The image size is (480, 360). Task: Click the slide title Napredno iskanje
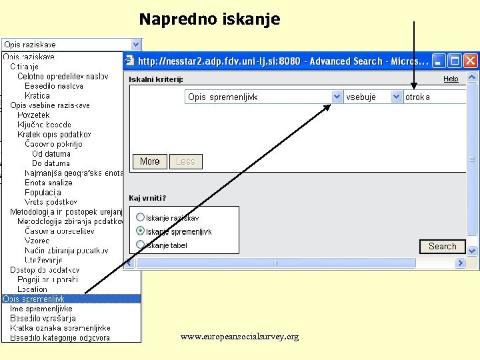point(209,19)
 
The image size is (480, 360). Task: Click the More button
point(150,161)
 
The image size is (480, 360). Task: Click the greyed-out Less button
point(185,161)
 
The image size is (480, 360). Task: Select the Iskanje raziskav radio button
point(141,217)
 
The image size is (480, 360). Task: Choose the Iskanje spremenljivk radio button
point(141,231)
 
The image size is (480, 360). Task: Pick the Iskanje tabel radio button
point(141,245)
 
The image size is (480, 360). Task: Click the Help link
point(451,79)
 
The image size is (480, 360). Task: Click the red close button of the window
point(471,61)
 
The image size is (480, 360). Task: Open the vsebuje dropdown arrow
point(396,97)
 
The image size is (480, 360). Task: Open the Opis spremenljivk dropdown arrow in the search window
point(337,97)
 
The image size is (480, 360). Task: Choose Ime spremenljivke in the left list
point(41,309)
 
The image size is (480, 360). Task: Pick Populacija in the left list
point(43,192)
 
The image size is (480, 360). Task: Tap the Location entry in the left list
point(33,289)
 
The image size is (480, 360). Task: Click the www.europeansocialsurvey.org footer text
point(239,337)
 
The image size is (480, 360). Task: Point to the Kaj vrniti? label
point(147,198)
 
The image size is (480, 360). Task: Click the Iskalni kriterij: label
point(156,79)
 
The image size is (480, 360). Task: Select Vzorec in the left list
point(37,241)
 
